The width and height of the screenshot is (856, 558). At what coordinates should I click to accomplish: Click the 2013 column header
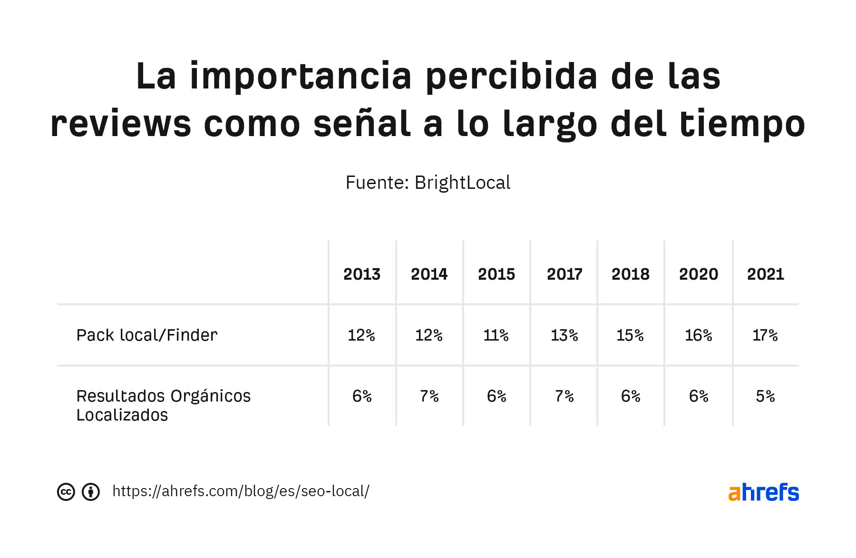pyautogui.click(x=362, y=274)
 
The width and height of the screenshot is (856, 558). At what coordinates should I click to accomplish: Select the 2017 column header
pyautogui.click(x=564, y=274)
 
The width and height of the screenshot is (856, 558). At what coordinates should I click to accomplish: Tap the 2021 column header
pyautogui.click(x=765, y=274)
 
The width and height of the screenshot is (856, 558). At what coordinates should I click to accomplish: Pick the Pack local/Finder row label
pyautogui.click(x=147, y=335)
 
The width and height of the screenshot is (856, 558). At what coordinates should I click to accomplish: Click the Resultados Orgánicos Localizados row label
pyautogui.click(x=163, y=405)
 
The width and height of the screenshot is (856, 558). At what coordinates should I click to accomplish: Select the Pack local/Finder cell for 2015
pyautogui.click(x=496, y=335)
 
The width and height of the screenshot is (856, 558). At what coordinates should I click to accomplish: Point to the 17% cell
pyautogui.click(x=765, y=335)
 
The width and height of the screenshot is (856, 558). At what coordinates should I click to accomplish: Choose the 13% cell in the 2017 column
pyautogui.click(x=564, y=335)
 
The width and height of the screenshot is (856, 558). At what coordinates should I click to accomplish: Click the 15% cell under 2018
pyautogui.click(x=630, y=335)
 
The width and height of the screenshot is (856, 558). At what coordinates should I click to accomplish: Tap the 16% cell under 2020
pyautogui.click(x=699, y=335)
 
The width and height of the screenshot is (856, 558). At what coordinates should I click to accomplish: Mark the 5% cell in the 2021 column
pyautogui.click(x=765, y=396)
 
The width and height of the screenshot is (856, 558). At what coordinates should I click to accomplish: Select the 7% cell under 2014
pyautogui.click(x=429, y=396)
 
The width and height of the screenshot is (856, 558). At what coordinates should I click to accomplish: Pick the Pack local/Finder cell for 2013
pyautogui.click(x=361, y=335)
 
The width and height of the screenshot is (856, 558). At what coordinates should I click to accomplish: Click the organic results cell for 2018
pyautogui.click(x=631, y=396)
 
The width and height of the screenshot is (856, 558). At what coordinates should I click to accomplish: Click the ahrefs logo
pyautogui.click(x=763, y=492)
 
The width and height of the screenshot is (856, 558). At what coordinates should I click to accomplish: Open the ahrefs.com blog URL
pyautogui.click(x=241, y=491)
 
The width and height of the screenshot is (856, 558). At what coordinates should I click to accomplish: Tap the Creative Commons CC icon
pyautogui.click(x=66, y=492)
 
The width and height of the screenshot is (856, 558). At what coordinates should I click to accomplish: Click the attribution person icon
pyautogui.click(x=91, y=492)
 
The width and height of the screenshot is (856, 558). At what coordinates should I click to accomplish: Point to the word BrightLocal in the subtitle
pyautogui.click(x=462, y=183)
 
